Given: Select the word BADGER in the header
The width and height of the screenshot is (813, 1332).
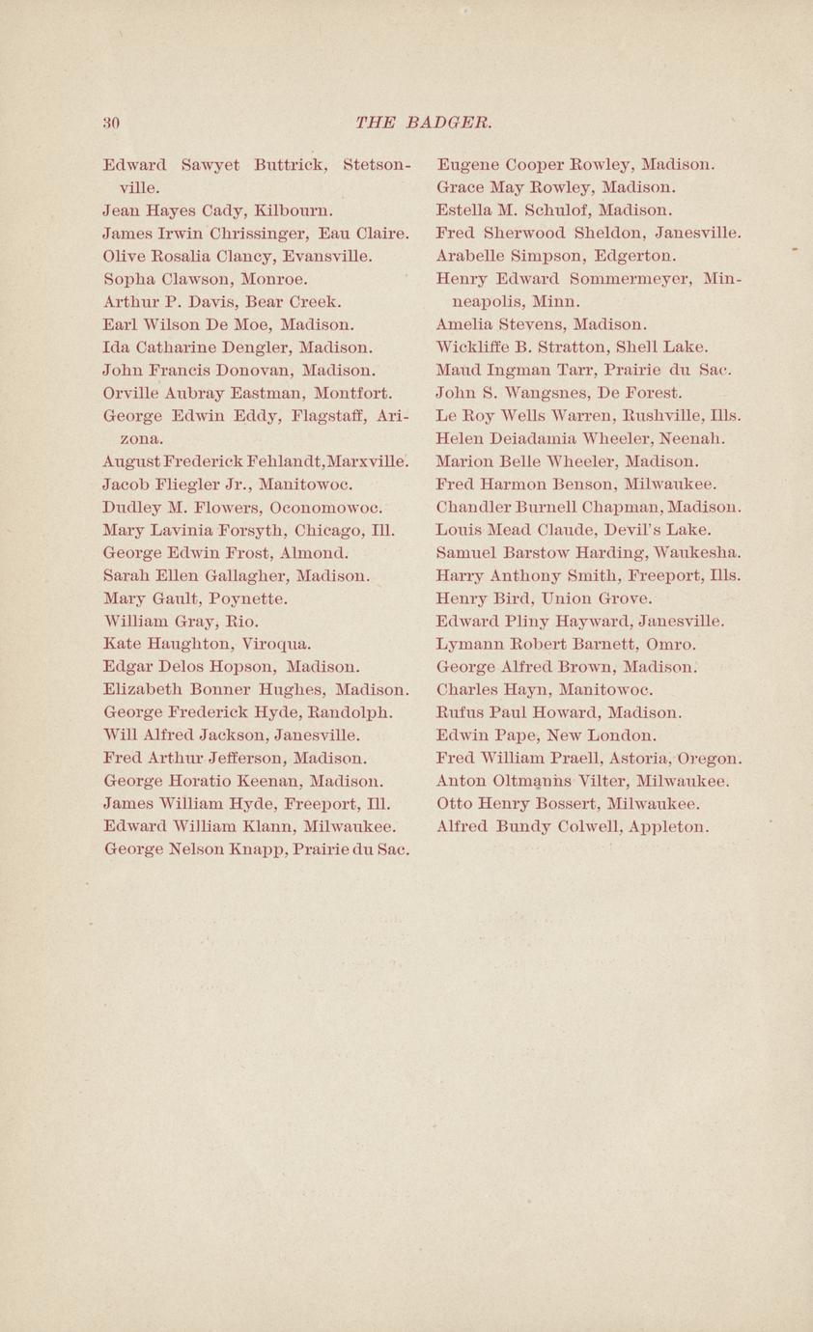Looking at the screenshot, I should (x=449, y=123).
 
